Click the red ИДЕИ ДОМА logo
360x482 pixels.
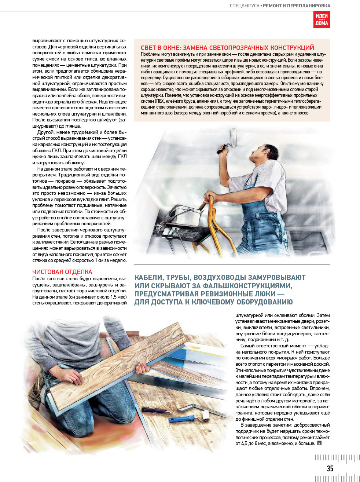point(322,19)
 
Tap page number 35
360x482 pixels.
point(330,468)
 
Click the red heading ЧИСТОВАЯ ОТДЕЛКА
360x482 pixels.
point(62,272)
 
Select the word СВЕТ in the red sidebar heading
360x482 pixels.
point(149,48)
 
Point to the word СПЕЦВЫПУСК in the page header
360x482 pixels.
point(245,6)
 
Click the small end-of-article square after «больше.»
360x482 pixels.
point(319,443)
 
